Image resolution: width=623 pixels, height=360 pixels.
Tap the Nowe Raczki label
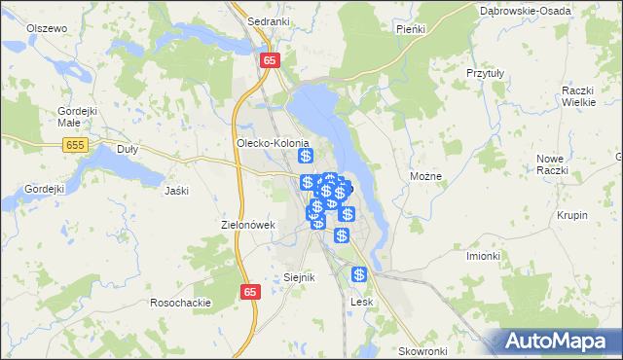[x=551, y=163]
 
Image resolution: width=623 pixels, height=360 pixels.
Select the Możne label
[x=426, y=177]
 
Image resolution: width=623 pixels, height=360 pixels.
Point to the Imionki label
[x=482, y=256]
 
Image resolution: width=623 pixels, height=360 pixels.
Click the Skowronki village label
[x=422, y=350]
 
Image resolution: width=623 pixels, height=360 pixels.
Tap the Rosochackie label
[x=180, y=303]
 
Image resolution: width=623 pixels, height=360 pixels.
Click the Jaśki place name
[x=176, y=190]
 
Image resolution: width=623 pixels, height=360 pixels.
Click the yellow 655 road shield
[x=75, y=144]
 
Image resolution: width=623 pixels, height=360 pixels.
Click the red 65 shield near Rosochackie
[x=251, y=292]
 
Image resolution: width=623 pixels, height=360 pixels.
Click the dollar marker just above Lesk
[x=359, y=275]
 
